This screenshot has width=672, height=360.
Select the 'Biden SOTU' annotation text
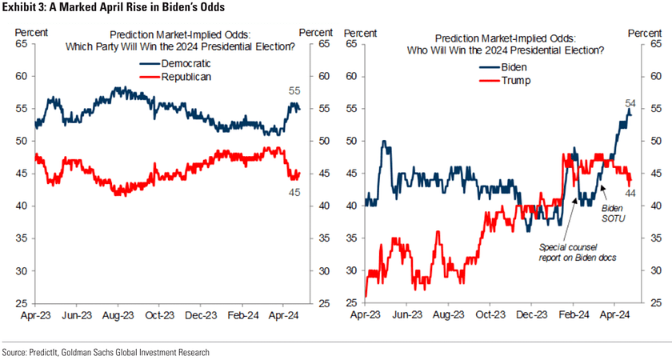pos(612,213)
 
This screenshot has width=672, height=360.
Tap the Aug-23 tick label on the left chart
pos(117,316)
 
